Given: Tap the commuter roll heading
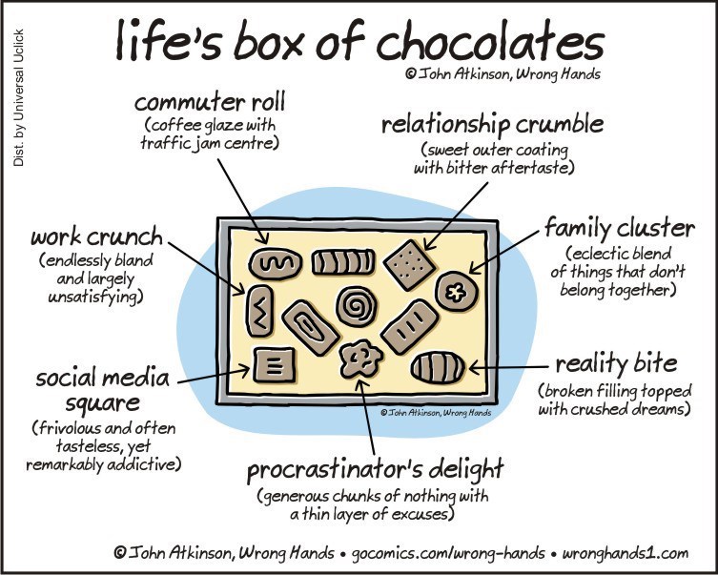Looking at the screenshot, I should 210,101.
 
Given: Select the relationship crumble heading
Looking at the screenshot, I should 492,125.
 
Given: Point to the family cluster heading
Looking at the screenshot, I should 619,229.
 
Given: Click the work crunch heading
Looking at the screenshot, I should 96,236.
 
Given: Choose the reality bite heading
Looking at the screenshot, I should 616,363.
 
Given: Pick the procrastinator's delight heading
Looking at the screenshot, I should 375,470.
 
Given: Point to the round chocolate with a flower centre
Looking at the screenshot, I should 453,291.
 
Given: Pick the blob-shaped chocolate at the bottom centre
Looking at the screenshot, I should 361,359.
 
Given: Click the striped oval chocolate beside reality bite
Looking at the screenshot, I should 438,366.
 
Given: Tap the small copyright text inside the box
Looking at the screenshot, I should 435,413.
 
